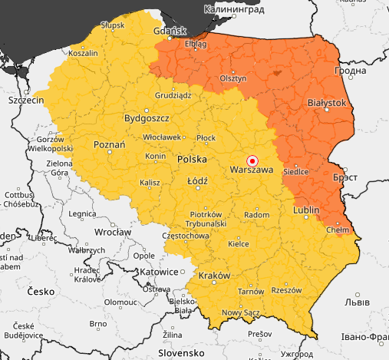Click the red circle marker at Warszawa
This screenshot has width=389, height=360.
pos(252,160)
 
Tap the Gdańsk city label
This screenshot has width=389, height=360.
pos(170,31)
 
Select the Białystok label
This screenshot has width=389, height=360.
pos(327,102)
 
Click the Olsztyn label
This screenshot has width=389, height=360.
pos(232,78)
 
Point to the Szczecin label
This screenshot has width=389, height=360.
pos(26,100)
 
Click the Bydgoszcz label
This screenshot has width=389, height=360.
pos(147,119)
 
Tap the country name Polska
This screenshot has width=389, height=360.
pos(193,159)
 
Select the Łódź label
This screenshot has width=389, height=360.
pos(198,182)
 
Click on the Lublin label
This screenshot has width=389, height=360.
pos(306,210)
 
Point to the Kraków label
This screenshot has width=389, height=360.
pos(214,276)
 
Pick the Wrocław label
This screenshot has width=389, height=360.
pos(108,231)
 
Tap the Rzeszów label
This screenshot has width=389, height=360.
pos(286,290)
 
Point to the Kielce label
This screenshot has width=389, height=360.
pos(240,244)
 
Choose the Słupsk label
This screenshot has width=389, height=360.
pos(112,25)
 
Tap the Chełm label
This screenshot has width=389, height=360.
pos(338,229)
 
